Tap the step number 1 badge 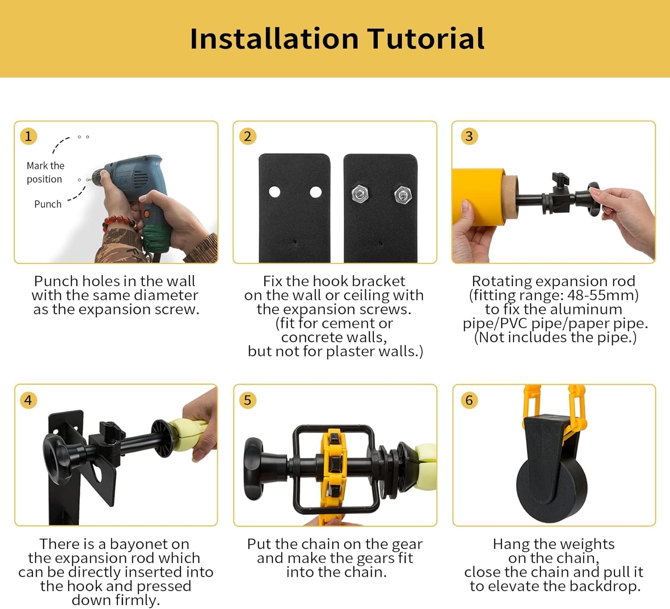28,136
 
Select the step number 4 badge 28,400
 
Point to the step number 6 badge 469,400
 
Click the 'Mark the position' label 45,172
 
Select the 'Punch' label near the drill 48,204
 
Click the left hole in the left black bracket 275,192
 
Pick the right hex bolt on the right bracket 403,195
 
